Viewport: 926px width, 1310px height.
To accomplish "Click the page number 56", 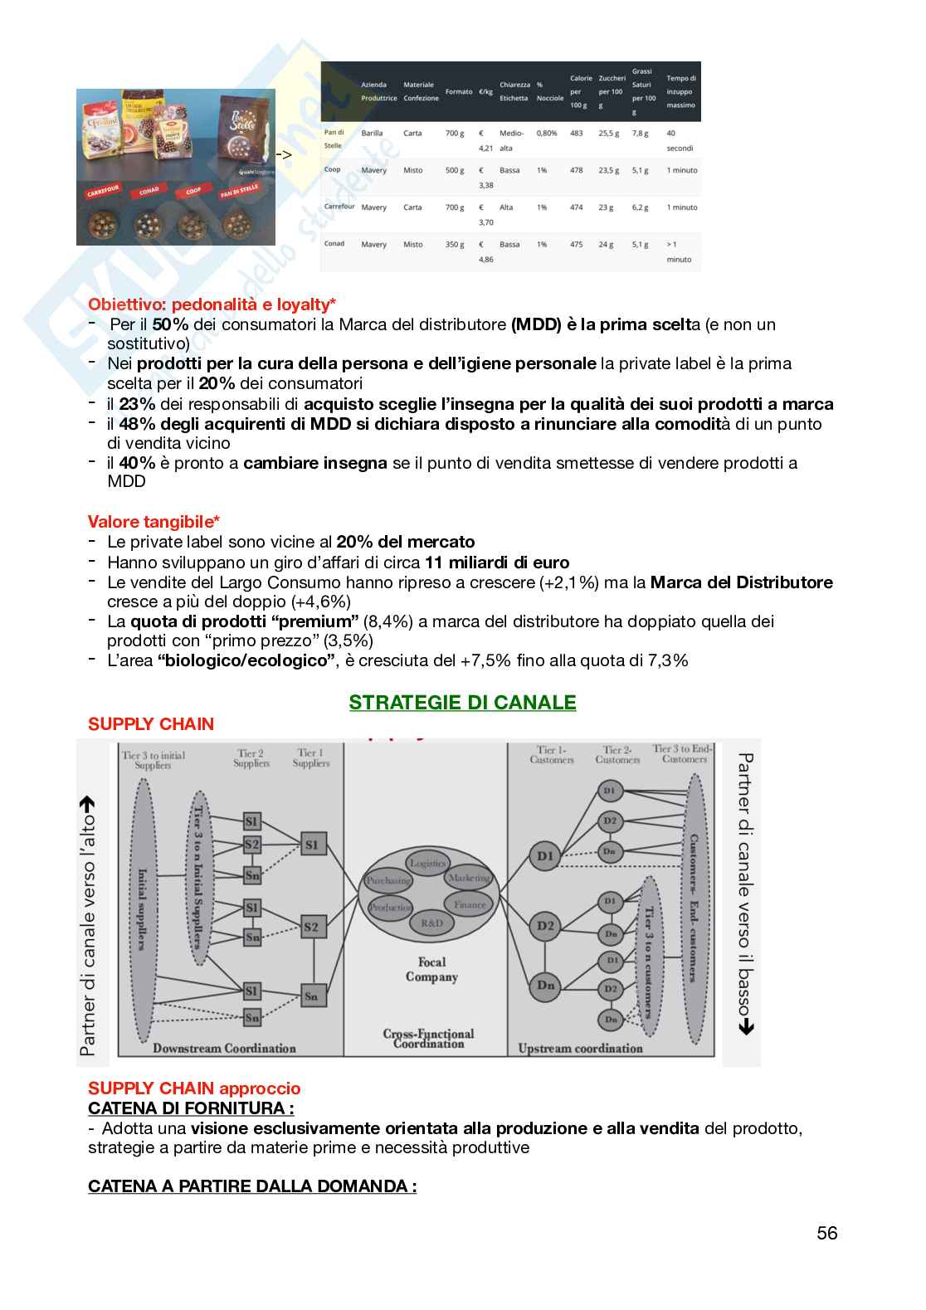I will [x=826, y=1233].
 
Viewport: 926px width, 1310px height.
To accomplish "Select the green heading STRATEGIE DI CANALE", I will [x=462, y=703].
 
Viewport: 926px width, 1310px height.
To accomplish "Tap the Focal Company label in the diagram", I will [x=431, y=969].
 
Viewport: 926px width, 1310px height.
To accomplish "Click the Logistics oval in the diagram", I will [x=428, y=863].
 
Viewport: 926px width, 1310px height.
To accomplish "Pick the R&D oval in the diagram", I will [x=431, y=923].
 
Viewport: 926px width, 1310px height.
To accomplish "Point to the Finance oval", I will [x=470, y=904].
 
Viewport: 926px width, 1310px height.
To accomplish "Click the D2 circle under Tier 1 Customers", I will [x=545, y=926].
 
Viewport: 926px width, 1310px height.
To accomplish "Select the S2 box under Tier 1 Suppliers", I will [x=311, y=927].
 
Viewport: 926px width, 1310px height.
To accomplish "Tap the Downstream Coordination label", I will [x=224, y=1048].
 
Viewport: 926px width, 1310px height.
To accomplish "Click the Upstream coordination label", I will [x=580, y=1048].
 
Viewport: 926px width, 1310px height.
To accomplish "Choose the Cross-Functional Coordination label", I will [x=428, y=1039].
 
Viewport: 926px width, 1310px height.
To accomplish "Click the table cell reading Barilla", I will [x=372, y=133].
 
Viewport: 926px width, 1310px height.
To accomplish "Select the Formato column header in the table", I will [x=459, y=91].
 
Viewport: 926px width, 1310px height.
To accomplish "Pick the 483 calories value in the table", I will [x=576, y=133].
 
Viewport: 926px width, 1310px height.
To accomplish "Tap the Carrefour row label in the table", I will [x=339, y=207].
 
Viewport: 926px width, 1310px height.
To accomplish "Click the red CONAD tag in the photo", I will [x=149, y=191].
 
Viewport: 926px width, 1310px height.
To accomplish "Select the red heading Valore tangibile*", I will [x=154, y=522].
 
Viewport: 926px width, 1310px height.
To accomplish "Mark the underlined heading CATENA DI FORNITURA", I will [x=191, y=1108].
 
